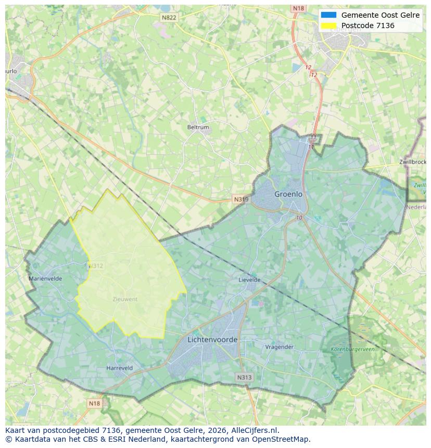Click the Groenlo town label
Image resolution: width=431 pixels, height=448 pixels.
click(288, 194)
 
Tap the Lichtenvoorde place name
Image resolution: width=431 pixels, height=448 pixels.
click(212, 340)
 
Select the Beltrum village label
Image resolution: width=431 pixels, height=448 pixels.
click(198, 127)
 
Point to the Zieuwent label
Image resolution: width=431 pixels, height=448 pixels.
click(125, 299)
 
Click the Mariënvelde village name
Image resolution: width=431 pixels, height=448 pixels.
click(45, 279)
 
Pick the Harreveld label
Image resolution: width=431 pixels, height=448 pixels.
click(119, 368)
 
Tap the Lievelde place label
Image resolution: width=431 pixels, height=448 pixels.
click(249, 280)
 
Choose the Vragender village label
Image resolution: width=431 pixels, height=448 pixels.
click(280, 347)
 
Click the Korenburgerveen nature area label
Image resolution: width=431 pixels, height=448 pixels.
click(352, 350)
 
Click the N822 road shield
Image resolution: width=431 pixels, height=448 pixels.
click(169, 18)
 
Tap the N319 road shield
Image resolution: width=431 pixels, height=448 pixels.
click(241, 199)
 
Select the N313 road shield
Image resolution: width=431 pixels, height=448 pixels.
click(244, 378)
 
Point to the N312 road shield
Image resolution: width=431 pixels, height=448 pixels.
click(96, 266)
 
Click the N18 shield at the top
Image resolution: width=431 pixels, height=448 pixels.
click(298, 8)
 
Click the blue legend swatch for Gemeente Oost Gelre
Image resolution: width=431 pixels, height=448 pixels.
click(329, 15)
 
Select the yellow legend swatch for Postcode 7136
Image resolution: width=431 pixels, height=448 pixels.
click(329, 25)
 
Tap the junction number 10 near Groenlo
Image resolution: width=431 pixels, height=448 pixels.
click(299, 217)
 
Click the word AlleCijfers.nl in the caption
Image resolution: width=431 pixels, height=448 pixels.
click(255, 430)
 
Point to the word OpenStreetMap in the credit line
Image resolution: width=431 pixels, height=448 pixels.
click(281, 439)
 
